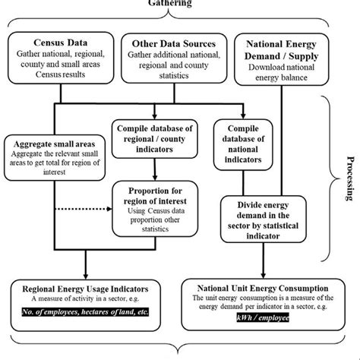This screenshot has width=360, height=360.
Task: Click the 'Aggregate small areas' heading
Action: [x=55, y=144]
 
